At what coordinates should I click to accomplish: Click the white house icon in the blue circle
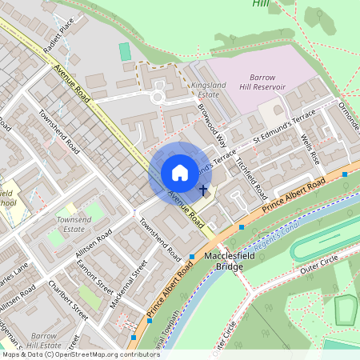click(180, 173)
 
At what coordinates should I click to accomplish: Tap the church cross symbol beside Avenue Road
click(204, 190)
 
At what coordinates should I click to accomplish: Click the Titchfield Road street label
click(250, 177)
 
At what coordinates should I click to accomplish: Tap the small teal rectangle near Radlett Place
click(125, 51)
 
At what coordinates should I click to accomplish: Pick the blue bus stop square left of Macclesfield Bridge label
click(192, 257)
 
